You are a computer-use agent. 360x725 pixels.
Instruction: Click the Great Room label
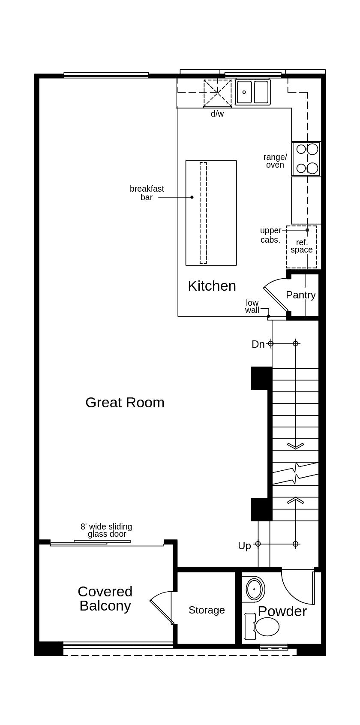click(x=125, y=403)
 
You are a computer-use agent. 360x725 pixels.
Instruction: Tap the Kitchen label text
click(x=212, y=286)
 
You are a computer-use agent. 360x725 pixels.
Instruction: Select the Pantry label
click(x=300, y=295)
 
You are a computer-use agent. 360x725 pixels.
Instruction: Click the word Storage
click(x=207, y=610)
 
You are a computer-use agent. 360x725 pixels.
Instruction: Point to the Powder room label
click(x=282, y=611)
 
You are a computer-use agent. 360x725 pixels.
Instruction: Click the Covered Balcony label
click(x=105, y=599)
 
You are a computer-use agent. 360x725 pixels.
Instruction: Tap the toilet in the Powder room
click(x=263, y=626)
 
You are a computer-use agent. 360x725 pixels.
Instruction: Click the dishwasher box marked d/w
click(x=217, y=93)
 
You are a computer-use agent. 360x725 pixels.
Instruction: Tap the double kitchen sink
click(x=253, y=92)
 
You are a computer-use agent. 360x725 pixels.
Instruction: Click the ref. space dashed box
click(x=302, y=247)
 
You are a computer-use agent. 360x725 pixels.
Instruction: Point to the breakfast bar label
click(x=147, y=193)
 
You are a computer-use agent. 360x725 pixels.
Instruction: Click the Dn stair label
click(x=258, y=344)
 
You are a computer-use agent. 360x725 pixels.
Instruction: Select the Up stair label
click(x=244, y=546)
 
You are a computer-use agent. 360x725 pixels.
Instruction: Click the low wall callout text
click(x=252, y=307)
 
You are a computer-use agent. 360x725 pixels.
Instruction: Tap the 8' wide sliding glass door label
click(x=106, y=530)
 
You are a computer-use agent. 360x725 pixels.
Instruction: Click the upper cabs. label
click(x=270, y=235)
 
